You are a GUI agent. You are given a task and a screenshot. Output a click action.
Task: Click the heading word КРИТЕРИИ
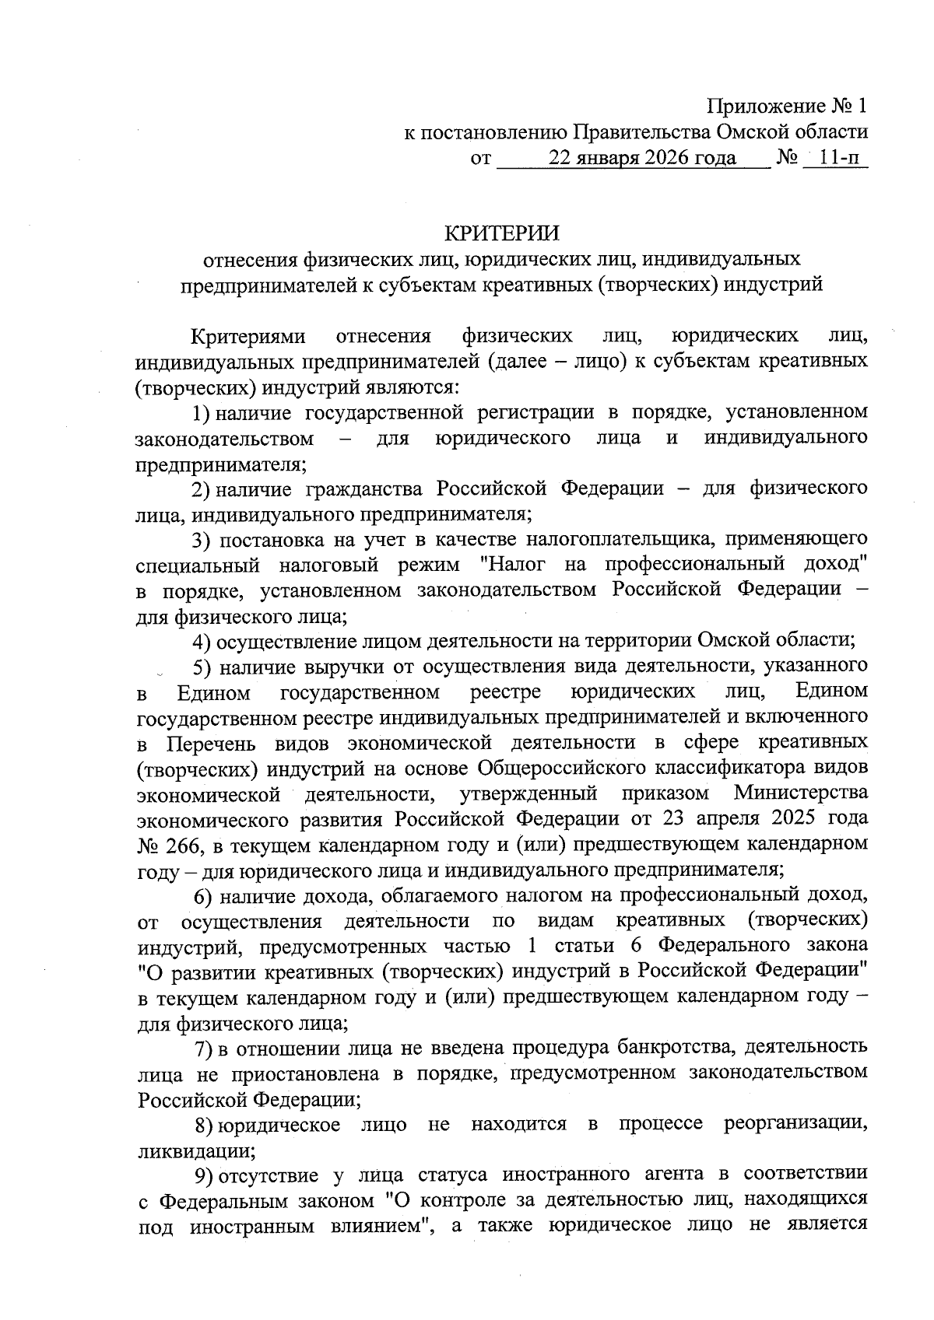(x=500, y=233)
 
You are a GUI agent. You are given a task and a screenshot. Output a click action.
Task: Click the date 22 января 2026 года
(x=642, y=159)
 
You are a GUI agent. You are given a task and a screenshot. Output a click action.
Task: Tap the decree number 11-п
(x=841, y=159)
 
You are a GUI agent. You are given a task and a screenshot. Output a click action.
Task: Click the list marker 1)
(x=202, y=411)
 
